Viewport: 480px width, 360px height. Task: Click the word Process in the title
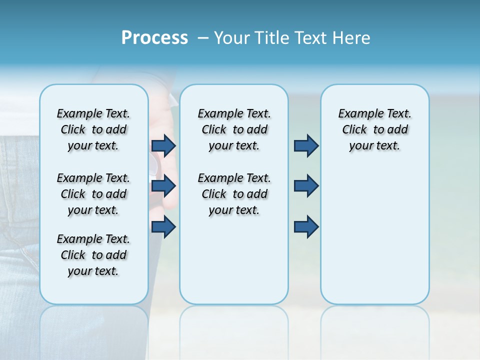pos(154,38)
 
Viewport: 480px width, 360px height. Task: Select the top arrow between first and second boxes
pos(163,145)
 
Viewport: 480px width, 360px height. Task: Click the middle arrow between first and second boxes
pos(163,186)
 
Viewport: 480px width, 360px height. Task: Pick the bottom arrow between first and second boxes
pos(163,227)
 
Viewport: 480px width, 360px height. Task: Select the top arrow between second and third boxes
pos(306,145)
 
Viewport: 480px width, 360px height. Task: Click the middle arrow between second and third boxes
pos(306,186)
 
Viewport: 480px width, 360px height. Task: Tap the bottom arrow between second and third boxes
pos(306,227)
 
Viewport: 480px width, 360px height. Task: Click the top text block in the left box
pos(93,129)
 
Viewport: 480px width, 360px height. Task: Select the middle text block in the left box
pos(93,194)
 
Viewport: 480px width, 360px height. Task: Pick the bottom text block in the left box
pos(93,255)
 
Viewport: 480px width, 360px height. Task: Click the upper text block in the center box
pos(234,129)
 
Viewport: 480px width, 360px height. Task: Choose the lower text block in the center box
pos(234,194)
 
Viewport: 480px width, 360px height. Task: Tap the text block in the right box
pos(374,129)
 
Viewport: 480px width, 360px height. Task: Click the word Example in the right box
pos(356,114)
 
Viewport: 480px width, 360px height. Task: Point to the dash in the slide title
pos(203,38)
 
